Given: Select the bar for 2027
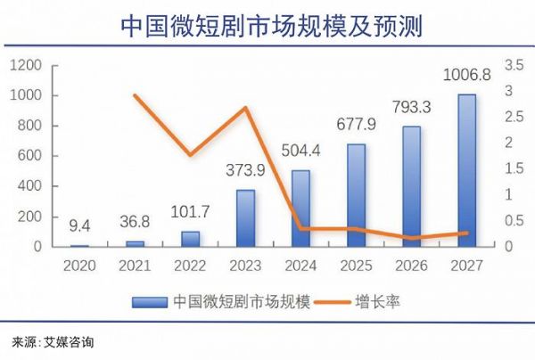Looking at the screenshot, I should coord(466,170).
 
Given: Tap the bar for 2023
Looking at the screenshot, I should coord(245,217).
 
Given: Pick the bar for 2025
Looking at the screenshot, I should coord(356,194).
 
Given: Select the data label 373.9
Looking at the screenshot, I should coord(245,172).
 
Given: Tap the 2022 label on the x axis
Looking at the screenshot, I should coord(190,265).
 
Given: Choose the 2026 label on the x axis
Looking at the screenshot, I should coord(411,265).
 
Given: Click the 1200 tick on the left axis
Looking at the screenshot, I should coord(29,65).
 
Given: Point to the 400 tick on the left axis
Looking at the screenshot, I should coord(34,186).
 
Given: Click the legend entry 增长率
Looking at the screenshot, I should coord(380,301).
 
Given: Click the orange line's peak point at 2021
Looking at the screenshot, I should coord(135,95).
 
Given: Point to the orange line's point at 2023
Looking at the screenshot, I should coord(245,108).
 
